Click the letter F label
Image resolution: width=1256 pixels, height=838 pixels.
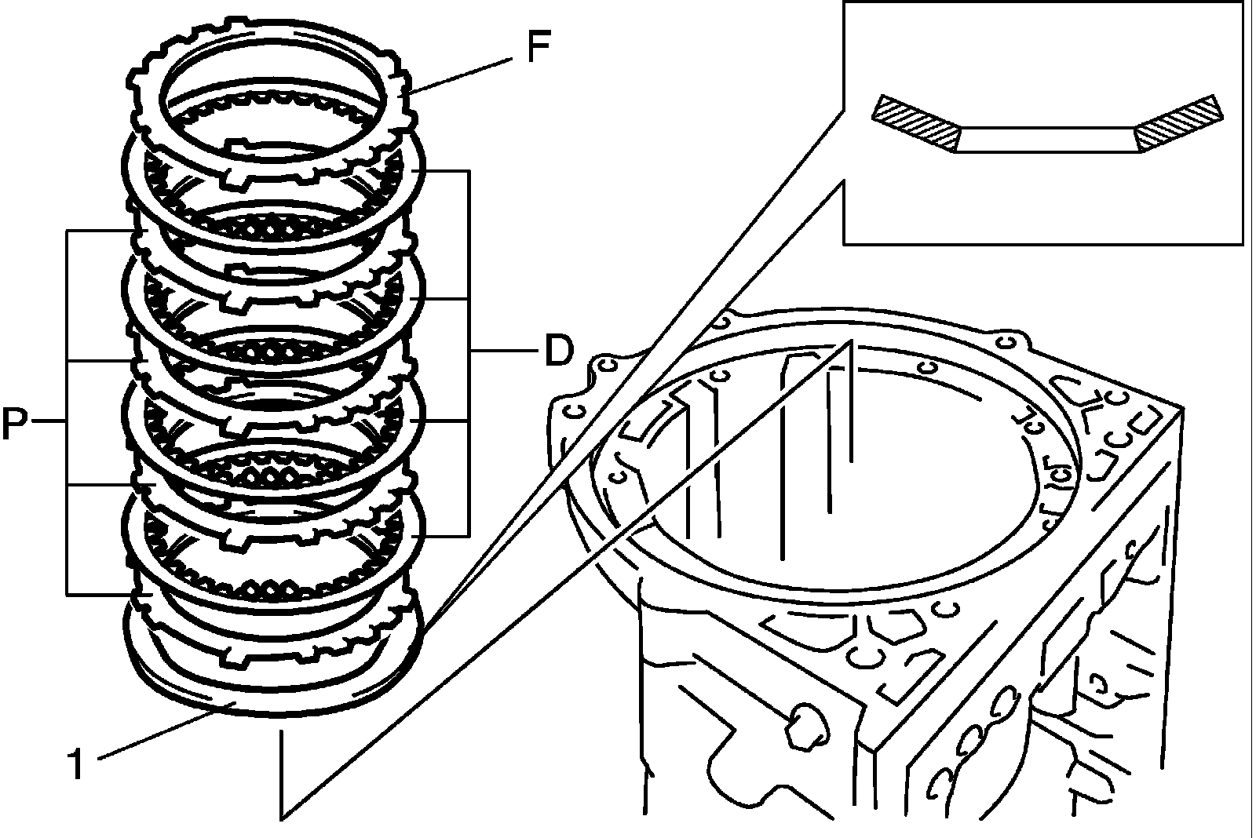(x=539, y=46)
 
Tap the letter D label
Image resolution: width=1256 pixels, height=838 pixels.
(x=559, y=351)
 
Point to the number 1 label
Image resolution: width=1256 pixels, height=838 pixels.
(x=76, y=763)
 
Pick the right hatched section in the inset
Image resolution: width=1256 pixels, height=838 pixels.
(x=1177, y=122)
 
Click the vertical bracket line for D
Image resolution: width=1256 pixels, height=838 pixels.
(x=469, y=353)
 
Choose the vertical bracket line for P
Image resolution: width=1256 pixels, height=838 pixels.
(x=68, y=412)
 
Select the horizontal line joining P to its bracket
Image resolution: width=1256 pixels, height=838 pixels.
(x=49, y=421)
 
